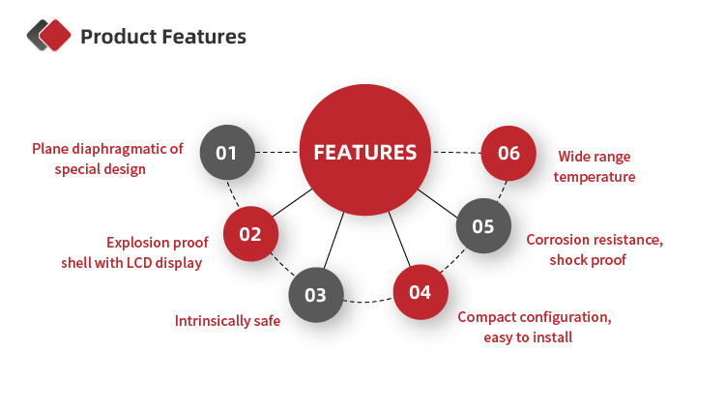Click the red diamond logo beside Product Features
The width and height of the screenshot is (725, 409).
pyautogui.click(x=54, y=36)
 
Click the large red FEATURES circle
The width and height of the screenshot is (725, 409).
pyautogui.click(x=365, y=152)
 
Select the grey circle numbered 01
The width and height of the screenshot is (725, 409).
pyautogui.click(x=226, y=153)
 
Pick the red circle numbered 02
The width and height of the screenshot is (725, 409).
pyautogui.click(x=250, y=233)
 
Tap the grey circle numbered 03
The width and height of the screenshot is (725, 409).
pyautogui.click(x=316, y=295)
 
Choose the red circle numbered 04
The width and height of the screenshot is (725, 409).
pyautogui.click(x=420, y=291)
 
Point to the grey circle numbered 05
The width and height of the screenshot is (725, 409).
pyautogui.click(x=482, y=226)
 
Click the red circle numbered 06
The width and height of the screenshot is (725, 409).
pyautogui.click(x=508, y=153)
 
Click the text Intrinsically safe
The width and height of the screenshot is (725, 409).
pyautogui.click(x=227, y=320)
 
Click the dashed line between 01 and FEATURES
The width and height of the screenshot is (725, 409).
pyautogui.click(x=276, y=153)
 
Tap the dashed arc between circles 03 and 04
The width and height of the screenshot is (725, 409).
pyautogui.click(x=367, y=303)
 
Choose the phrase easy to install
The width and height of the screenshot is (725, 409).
pyautogui.click(x=528, y=337)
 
